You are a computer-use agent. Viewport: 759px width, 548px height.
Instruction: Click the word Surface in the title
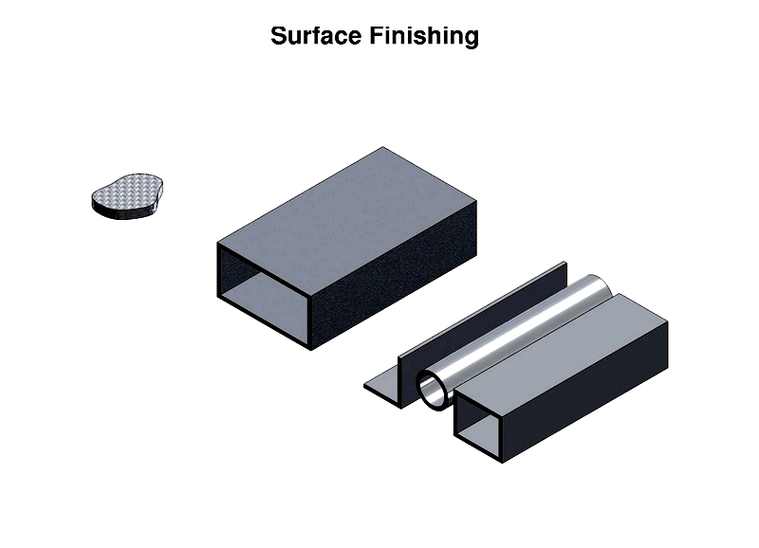(316, 36)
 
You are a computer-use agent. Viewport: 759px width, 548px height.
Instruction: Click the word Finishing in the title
(424, 37)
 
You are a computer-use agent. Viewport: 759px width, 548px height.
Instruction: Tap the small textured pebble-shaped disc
(127, 196)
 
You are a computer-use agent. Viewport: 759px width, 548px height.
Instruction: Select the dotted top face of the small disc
(127, 192)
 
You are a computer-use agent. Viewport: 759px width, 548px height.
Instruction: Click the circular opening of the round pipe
(433, 391)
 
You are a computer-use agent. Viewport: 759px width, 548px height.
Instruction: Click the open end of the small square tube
(478, 425)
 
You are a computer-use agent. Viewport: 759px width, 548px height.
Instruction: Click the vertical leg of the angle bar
(482, 334)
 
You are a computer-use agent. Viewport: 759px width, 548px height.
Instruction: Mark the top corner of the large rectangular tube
(383, 147)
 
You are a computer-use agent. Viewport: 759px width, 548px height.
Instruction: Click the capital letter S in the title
(279, 36)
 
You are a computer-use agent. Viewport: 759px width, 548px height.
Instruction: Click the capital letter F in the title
(377, 36)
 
